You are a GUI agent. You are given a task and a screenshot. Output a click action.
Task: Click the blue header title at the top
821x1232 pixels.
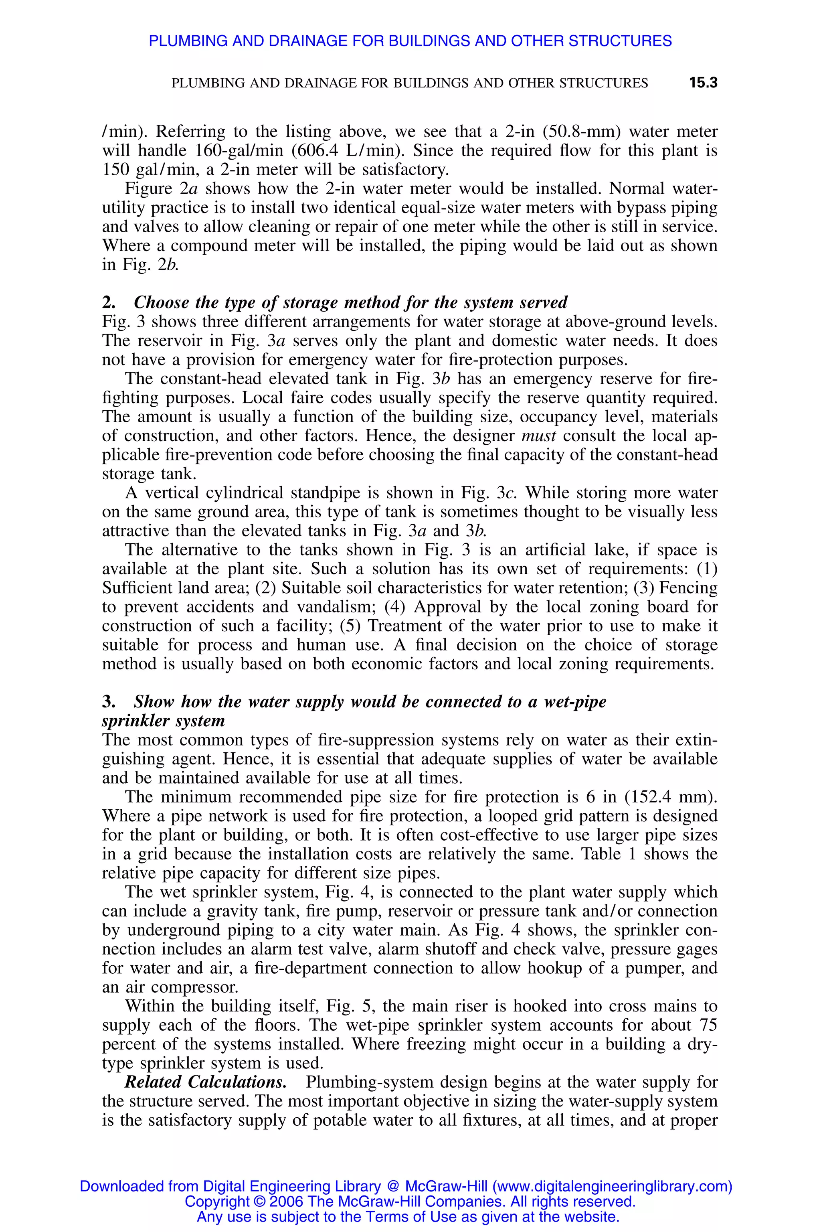[410, 41]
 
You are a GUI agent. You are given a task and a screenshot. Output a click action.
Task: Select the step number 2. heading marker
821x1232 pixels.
[108, 303]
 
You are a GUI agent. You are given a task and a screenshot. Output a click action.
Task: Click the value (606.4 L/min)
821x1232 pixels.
[343, 151]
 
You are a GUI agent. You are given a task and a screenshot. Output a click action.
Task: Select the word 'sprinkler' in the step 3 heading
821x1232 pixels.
[133, 721]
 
